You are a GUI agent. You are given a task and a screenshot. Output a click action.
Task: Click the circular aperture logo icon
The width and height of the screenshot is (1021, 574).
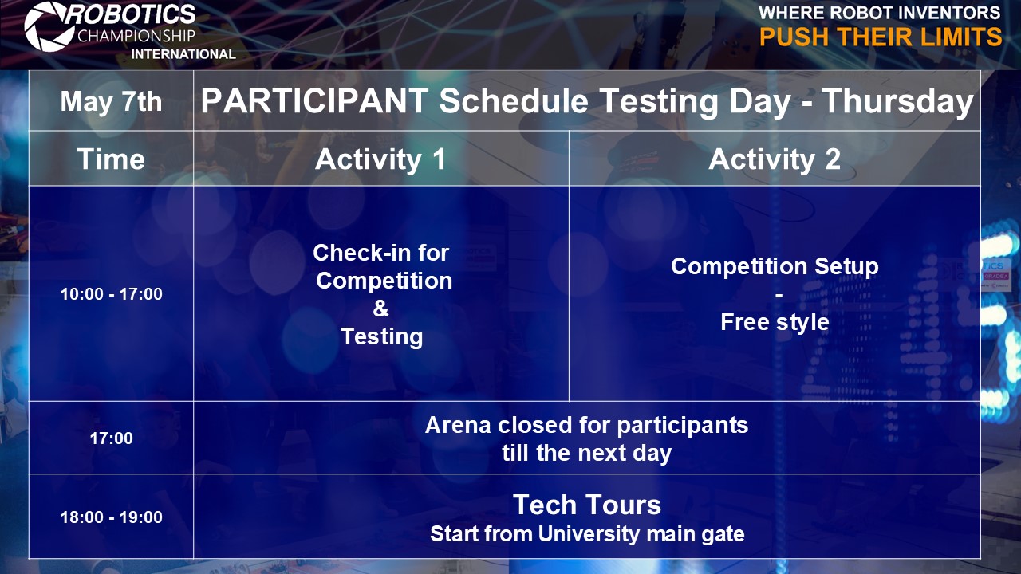tap(49, 26)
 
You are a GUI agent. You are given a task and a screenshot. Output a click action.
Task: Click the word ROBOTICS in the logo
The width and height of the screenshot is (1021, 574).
tap(132, 14)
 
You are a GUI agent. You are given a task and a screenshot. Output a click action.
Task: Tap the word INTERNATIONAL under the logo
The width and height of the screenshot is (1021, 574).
tap(183, 54)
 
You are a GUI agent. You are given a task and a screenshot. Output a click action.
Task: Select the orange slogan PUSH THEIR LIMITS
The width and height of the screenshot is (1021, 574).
tap(881, 37)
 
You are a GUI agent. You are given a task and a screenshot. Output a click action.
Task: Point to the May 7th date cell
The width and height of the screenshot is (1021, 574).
tap(111, 101)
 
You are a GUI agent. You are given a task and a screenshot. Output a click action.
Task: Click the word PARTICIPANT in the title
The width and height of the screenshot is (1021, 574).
tap(314, 100)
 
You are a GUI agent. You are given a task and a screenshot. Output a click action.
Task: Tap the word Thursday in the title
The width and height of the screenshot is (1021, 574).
tap(898, 101)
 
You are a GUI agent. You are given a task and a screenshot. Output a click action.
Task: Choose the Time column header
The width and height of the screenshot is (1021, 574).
tap(111, 159)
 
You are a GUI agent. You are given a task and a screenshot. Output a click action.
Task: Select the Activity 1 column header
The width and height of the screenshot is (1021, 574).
tap(380, 159)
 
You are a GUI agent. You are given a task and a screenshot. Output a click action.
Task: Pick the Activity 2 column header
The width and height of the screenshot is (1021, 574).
tap(775, 159)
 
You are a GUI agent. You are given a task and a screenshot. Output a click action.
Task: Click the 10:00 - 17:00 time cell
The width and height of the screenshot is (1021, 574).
tap(111, 294)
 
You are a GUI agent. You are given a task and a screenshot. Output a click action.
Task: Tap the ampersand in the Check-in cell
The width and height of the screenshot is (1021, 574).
tap(381, 309)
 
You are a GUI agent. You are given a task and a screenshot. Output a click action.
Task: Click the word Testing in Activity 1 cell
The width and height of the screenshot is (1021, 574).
tap(382, 337)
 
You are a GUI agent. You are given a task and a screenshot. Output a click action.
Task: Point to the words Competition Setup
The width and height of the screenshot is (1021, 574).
tap(775, 267)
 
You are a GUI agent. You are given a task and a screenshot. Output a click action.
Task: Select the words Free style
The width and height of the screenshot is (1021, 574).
tap(775, 323)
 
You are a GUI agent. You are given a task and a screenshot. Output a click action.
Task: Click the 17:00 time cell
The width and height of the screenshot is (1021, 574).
tap(111, 438)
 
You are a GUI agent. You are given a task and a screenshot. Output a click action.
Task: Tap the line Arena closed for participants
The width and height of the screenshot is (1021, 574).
tap(586, 426)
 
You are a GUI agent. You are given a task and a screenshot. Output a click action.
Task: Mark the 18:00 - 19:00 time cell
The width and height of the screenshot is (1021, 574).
tap(111, 517)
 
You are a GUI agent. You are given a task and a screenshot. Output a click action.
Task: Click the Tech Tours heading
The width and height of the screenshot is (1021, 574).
tap(587, 505)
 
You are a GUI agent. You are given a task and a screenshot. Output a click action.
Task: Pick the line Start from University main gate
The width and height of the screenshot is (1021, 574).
tap(587, 534)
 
